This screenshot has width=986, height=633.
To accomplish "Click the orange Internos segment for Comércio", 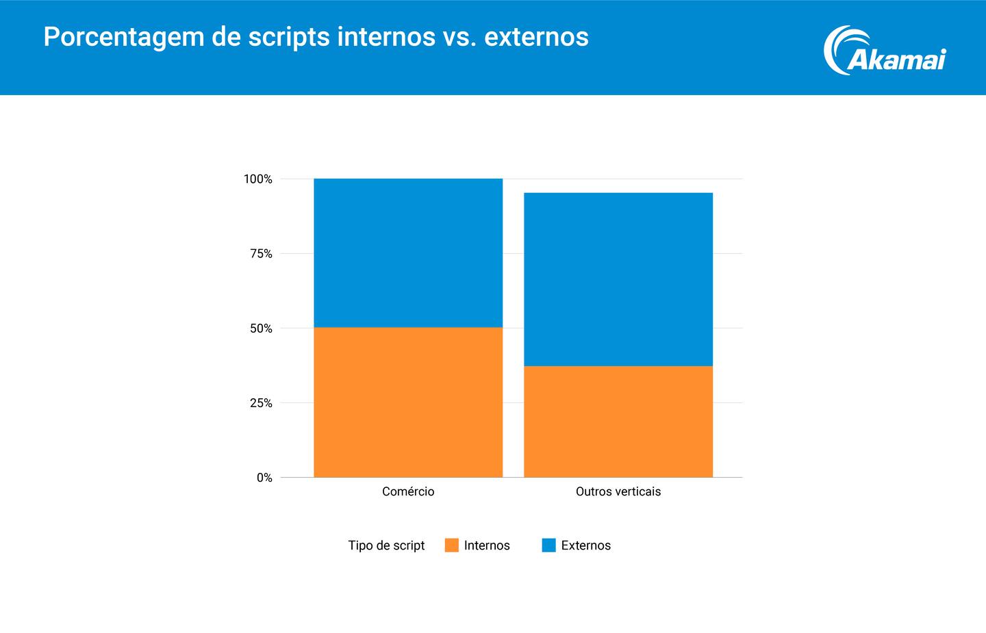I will tap(408, 402).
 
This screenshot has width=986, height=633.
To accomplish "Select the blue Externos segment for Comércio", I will tap(408, 253).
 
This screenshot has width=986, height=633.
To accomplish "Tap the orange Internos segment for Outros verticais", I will tap(618, 422).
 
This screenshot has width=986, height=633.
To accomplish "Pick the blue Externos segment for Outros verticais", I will tap(618, 279).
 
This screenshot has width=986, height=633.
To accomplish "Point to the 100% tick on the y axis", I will tap(258, 179).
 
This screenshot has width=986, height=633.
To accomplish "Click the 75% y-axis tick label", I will tap(261, 254).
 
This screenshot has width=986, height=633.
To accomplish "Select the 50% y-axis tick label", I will tap(261, 328).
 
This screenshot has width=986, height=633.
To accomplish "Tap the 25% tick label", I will tap(261, 403).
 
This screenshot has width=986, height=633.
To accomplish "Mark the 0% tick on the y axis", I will tap(264, 478).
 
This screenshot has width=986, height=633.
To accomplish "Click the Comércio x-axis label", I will tap(408, 491).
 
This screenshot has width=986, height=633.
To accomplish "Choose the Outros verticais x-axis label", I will tap(618, 491).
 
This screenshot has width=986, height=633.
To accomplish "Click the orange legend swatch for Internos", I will tap(451, 545).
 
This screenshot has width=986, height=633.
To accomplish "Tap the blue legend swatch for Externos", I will tap(548, 545).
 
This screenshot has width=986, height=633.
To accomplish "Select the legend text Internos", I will tap(487, 545).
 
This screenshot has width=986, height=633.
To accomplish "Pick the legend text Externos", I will tap(585, 545).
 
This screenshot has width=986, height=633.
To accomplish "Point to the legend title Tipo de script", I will tap(386, 545).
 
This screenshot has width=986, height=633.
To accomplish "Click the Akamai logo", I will tap(884, 51).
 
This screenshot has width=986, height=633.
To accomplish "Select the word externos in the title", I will tap(536, 37).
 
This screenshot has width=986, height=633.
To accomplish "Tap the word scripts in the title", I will tap(288, 37).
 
